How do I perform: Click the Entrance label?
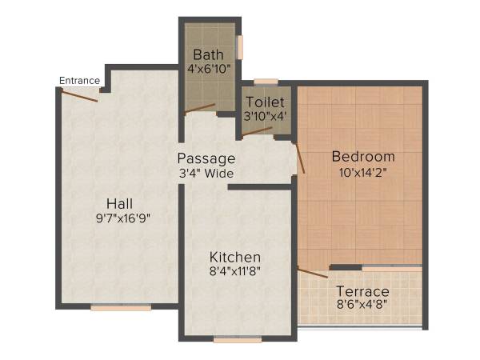coord(79,80)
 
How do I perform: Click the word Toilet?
coord(266,102)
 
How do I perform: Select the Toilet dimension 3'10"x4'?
coord(266,116)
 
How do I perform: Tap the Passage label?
coord(206,158)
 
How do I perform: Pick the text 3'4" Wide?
coord(206,172)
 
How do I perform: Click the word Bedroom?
coord(363,156)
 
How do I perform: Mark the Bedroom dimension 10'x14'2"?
coord(363,170)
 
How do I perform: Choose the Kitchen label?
coord(235,257)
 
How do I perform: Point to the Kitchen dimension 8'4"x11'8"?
coord(235,271)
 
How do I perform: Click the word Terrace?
coord(362,291)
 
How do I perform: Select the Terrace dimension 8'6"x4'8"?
coord(362,305)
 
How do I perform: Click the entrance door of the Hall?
coord(79,95)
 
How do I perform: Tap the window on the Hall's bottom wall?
coord(120,307)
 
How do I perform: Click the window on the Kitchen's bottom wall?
coord(238,340)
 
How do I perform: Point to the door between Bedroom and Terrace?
coord(313,272)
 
